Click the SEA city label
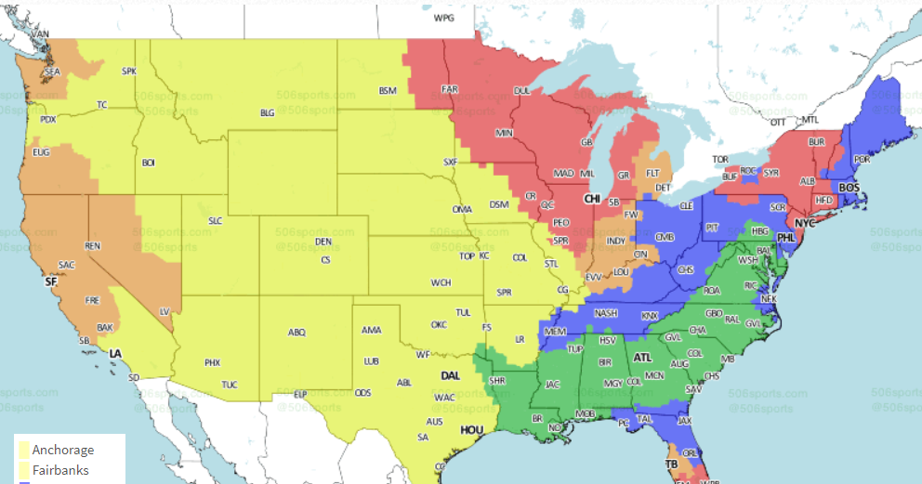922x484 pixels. pyautogui.click(x=52, y=72)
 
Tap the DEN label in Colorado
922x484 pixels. pyautogui.click(x=323, y=242)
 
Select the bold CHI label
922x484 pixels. pyautogui.click(x=592, y=200)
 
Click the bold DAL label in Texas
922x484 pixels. pyautogui.click(x=451, y=376)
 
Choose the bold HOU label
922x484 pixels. pyautogui.click(x=472, y=430)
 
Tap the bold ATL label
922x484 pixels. pyautogui.click(x=642, y=357)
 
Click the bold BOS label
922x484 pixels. pyautogui.click(x=850, y=188)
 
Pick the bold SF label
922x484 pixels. pyautogui.click(x=50, y=281)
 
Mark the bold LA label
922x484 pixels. pyautogui.click(x=115, y=354)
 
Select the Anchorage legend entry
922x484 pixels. pyautogui.click(x=62, y=451)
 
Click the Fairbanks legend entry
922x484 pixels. pyautogui.click(x=60, y=471)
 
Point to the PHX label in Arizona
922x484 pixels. pyautogui.click(x=212, y=362)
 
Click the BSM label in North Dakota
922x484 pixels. pyautogui.click(x=388, y=90)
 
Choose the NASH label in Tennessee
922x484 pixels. pyautogui.click(x=605, y=313)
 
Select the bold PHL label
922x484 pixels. pyautogui.click(x=786, y=238)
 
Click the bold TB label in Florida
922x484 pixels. pyautogui.click(x=671, y=464)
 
